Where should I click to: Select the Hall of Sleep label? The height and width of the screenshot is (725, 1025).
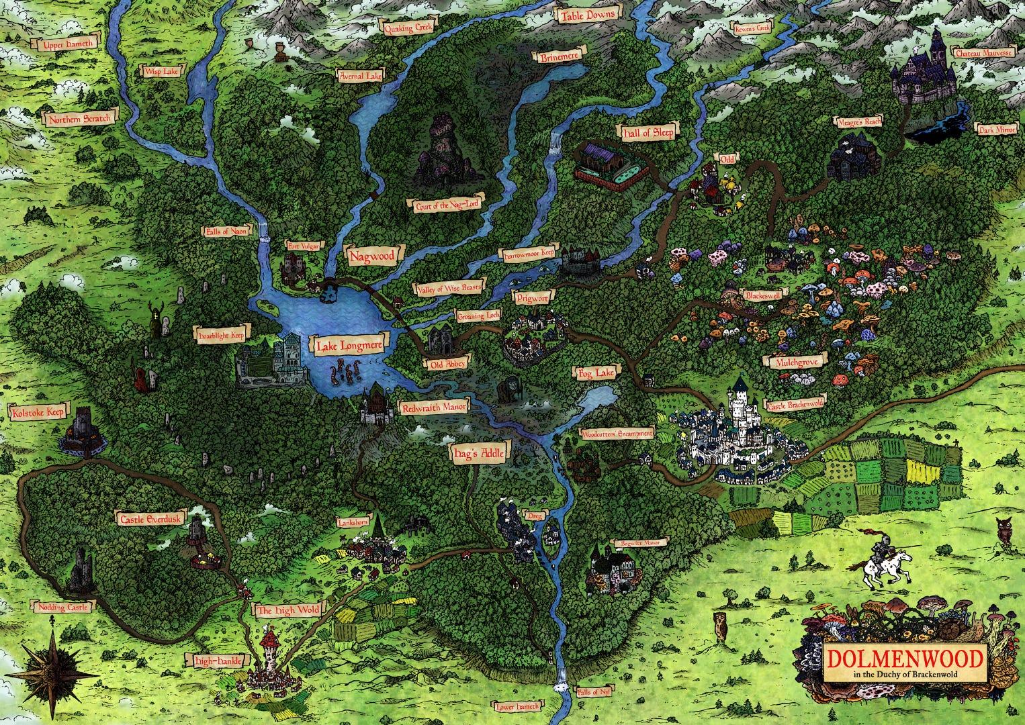[x=647, y=132]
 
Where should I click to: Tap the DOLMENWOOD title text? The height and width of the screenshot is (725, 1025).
[x=905, y=657]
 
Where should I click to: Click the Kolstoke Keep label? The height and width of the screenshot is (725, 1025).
[x=38, y=412]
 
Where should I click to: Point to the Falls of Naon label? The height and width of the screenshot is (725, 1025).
[x=227, y=231]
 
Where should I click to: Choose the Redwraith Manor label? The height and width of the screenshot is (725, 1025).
[x=433, y=407]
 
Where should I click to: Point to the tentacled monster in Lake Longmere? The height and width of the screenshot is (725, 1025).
[x=345, y=371]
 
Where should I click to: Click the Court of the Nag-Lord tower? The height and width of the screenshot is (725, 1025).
[x=440, y=151]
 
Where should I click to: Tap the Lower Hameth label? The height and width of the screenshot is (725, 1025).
[x=517, y=706]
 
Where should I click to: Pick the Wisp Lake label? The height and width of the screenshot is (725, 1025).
[x=161, y=70]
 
